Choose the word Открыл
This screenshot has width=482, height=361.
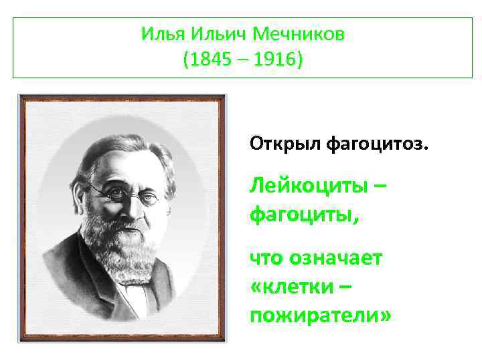[286, 143]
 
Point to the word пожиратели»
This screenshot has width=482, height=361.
[319, 315]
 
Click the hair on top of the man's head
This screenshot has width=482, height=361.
[117, 144]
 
